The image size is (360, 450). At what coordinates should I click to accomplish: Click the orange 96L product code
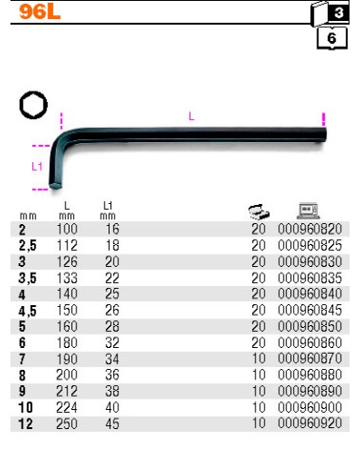pos(40,12)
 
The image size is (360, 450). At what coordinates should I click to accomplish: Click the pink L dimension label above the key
pos(191,116)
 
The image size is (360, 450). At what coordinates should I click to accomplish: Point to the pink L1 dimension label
pos(37,166)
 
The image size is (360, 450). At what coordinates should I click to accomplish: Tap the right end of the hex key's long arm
pos(325,134)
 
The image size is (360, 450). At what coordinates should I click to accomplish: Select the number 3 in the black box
pos(339,12)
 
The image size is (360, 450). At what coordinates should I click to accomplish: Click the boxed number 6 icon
pos(332,38)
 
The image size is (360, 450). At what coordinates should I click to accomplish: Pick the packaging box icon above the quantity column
pos(259,212)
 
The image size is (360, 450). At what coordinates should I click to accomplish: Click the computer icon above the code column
pos(309,211)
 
